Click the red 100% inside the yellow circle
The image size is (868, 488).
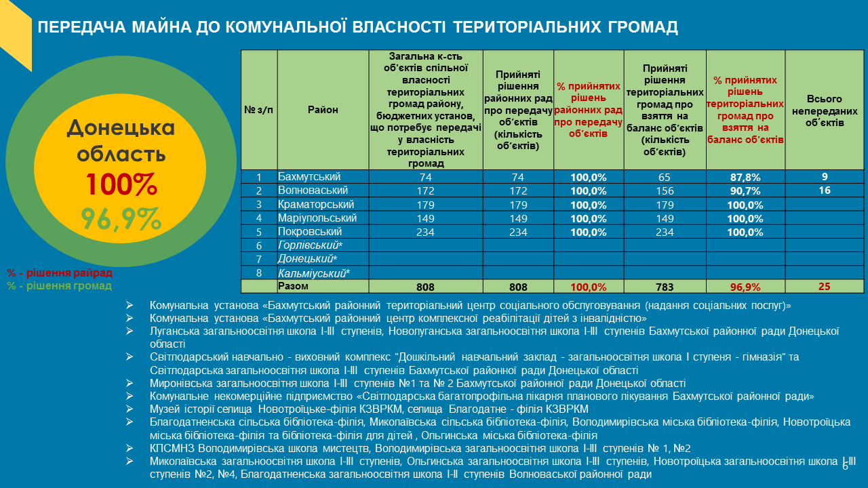point(121,184)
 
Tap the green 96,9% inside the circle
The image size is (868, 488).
point(121,218)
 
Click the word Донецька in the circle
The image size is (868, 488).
point(121,127)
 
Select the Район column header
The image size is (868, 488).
point(323,110)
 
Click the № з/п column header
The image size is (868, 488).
point(258,110)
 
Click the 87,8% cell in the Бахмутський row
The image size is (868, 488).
point(745,178)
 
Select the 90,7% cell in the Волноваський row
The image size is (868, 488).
point(745,191)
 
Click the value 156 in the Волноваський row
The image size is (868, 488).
point(665,191)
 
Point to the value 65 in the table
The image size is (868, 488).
point(665,178)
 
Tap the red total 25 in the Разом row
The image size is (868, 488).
point(824,286)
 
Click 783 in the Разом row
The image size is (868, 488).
point(665,287)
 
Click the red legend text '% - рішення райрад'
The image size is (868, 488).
point(60,273)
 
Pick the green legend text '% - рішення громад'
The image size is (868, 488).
point(60,286)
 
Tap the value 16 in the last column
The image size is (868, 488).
point(825,190)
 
